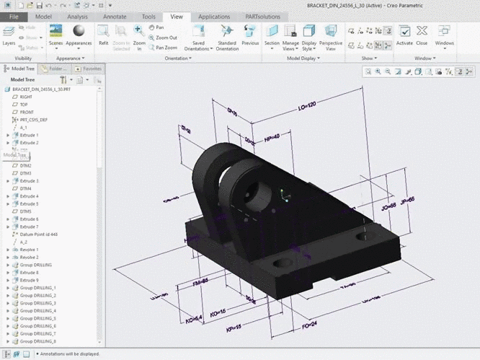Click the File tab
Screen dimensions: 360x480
pos(14,16)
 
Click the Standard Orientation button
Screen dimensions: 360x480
pos(227,35)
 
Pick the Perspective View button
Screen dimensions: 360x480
pos(331,35)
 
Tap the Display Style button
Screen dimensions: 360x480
pos(309,35)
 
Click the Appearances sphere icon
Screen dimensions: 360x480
pos(79,32)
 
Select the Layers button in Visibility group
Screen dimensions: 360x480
pos(9,35)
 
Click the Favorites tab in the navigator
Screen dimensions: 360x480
pos(89,69)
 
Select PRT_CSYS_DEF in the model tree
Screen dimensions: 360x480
pos(33,120)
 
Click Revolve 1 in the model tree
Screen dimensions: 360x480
pos(29,250)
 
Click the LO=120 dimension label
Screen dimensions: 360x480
pos(308,105)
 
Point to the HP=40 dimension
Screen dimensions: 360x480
pos(272,136)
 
